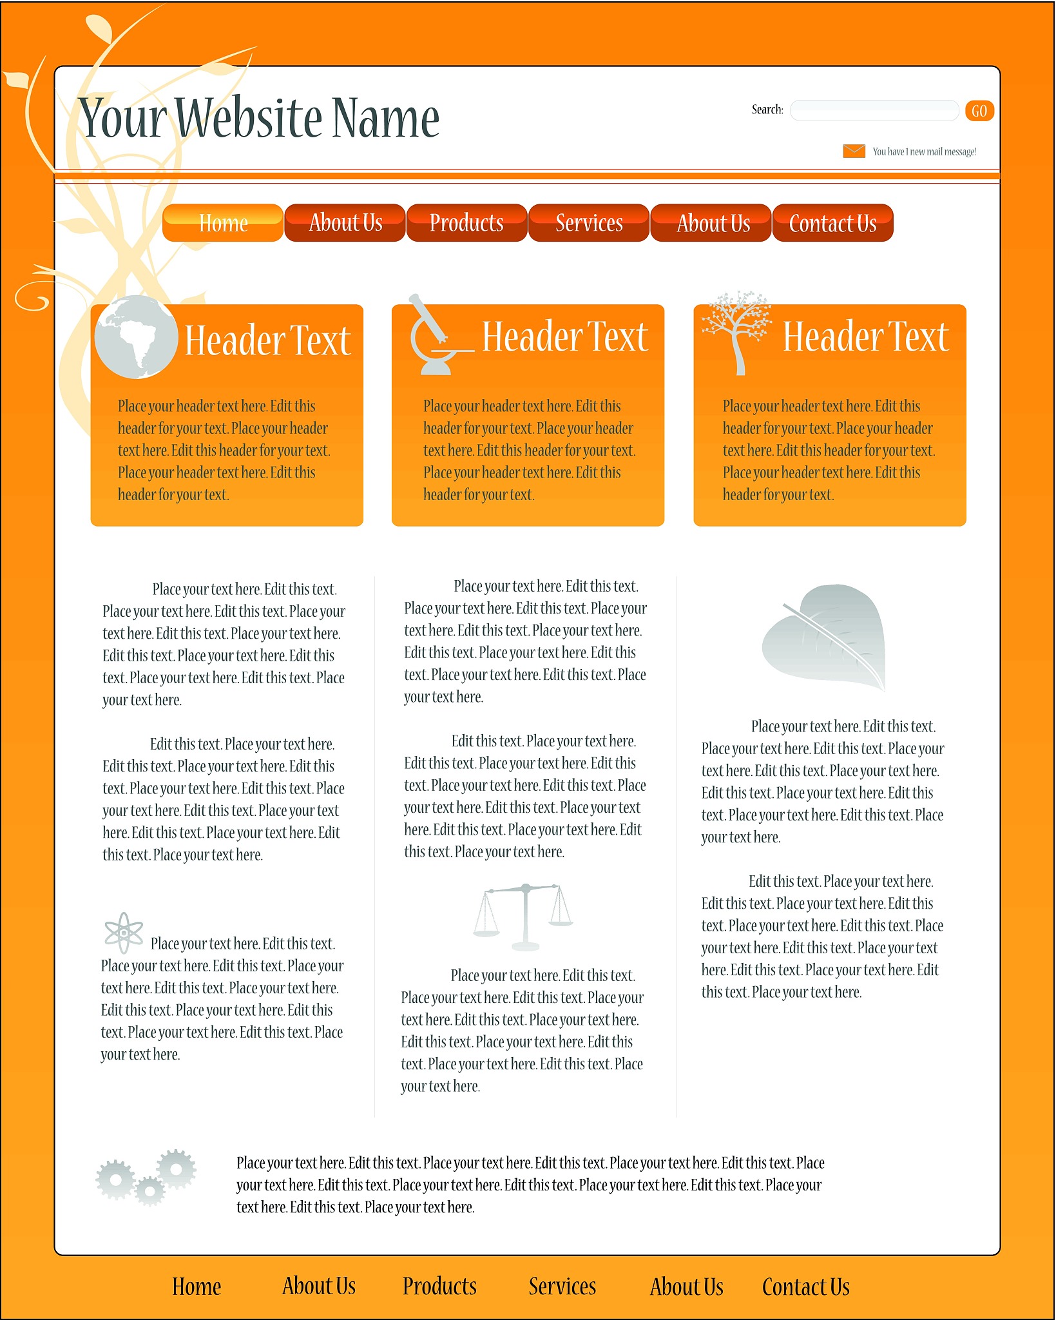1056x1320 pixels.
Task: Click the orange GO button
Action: pos(979,111)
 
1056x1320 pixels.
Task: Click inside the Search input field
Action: pos(874,110)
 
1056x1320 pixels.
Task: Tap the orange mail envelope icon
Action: pos(854,151)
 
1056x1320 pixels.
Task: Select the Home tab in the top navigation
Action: pos(223,223)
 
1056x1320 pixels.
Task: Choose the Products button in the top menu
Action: pos(466,223)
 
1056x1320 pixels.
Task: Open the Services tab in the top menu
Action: pos(589,223)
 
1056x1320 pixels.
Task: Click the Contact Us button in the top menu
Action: pos(832,223)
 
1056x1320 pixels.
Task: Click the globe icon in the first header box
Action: pos(136,336)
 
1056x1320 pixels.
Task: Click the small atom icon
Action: pos(124,932)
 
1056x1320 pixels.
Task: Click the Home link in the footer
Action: pos(197,1286)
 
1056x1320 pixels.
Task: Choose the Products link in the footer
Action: pos(439,1286)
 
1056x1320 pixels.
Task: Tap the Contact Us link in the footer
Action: pos(805,1286)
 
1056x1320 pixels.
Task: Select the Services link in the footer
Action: pos(562,1286)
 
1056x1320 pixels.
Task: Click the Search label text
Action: pos(767,110)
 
